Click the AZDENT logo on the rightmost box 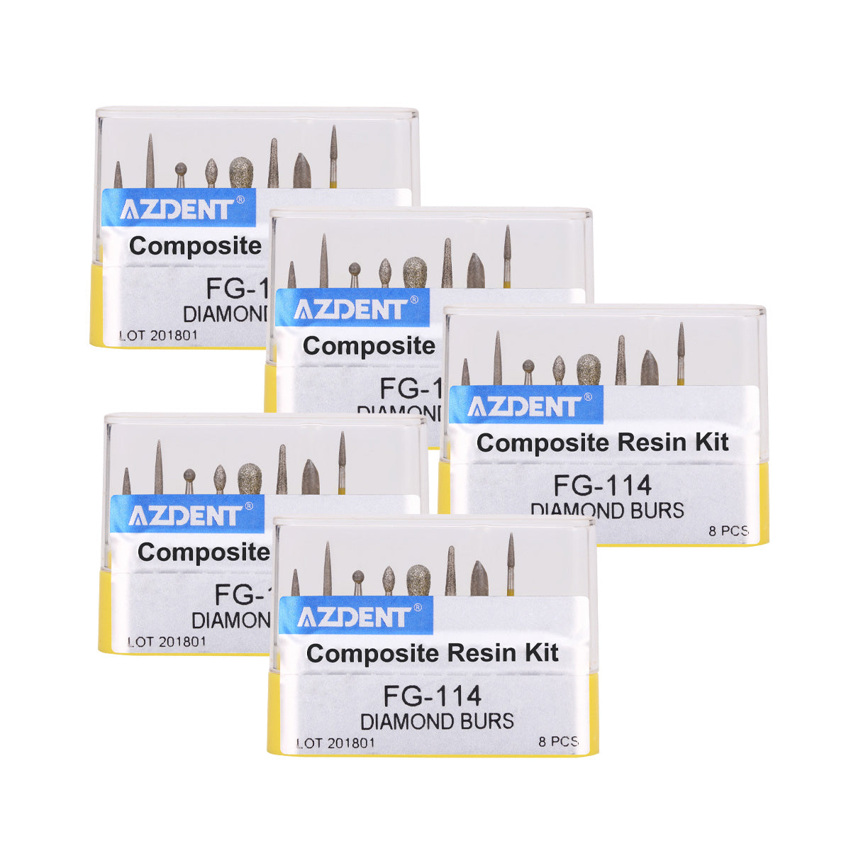pos(524,406)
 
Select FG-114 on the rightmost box pos(602,486)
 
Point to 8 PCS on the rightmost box pos(727,530)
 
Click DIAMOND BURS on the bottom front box pos(437,721)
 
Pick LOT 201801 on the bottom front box pos(335,743)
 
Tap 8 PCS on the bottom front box pos(558,742)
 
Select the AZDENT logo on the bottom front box pos(354,616)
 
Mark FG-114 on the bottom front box pos(432,696)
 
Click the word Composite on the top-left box pos(195,246)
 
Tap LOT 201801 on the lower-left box pos(167,641)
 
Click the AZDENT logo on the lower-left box pos(185,516)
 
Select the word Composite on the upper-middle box pos(369,346)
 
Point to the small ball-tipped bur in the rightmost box pos(528,369)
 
